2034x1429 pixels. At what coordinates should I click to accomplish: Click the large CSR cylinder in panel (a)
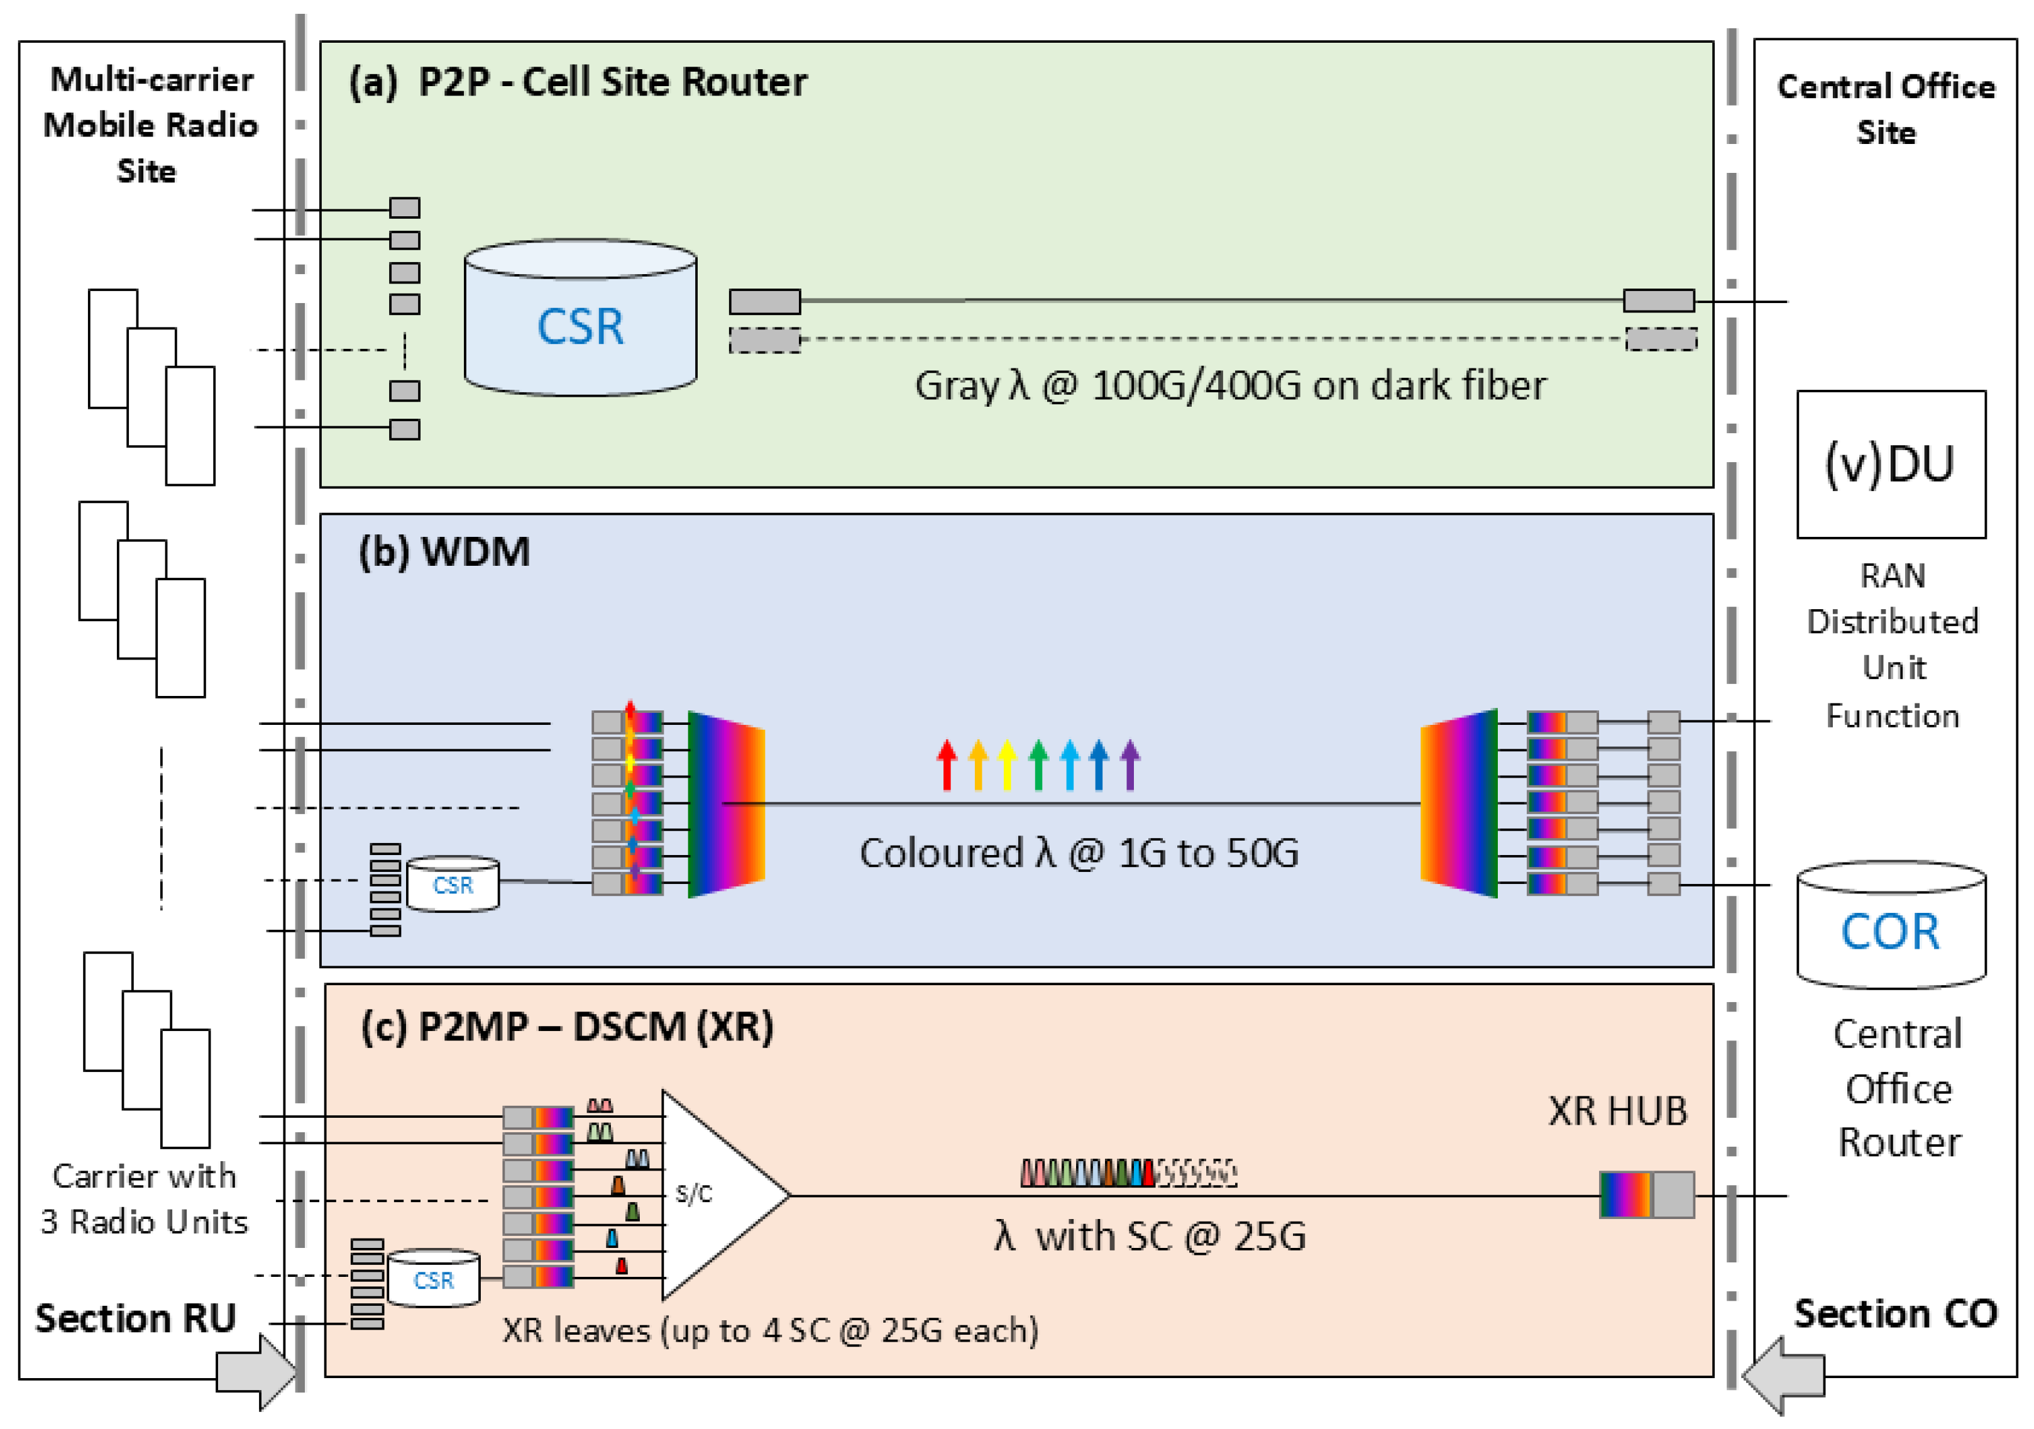point(580,317)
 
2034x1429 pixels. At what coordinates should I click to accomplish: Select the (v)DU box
point(1891,464)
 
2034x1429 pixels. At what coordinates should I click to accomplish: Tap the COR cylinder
point(1891,925)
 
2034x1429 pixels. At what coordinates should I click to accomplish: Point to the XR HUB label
point(1618,1111)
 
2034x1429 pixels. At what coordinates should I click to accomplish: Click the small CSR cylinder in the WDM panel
point(453,883)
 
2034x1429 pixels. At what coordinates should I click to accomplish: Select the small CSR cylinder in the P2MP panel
point(433,1277)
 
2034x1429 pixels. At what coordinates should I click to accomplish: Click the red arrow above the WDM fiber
point(947,764)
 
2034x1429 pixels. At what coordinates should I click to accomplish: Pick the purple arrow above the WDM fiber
point(1130,764)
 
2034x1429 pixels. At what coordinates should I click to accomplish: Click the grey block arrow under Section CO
point(1783,1376)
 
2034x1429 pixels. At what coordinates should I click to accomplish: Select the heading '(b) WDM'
point(444,551)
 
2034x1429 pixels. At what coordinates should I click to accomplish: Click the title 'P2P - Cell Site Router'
point(612,82)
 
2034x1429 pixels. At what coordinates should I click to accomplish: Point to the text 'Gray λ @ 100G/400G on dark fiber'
point(1231,385)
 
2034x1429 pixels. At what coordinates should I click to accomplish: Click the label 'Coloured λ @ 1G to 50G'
point(1079,852)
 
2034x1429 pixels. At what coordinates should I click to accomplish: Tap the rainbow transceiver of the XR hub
point(1625,1195)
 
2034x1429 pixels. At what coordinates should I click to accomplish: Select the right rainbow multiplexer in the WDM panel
point(1459,803)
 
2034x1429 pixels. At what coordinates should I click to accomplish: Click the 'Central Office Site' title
point(1886,109)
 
